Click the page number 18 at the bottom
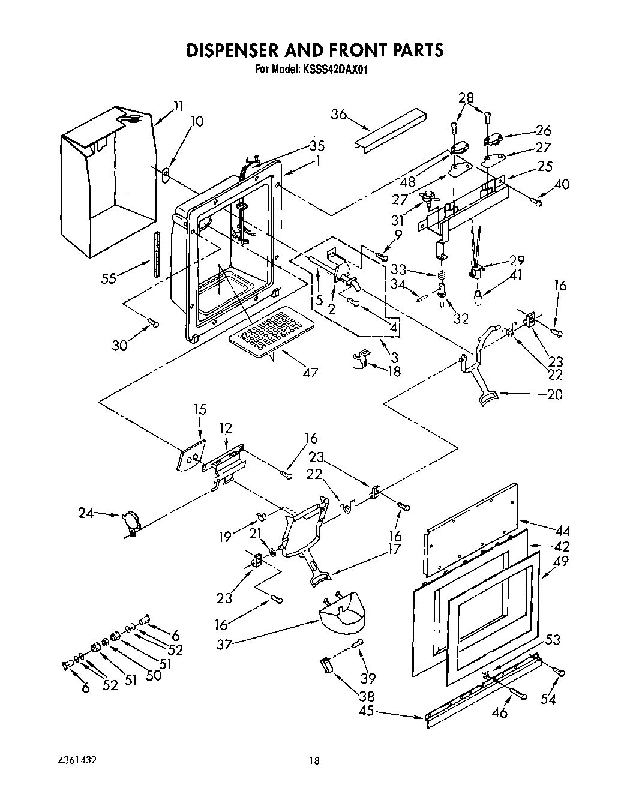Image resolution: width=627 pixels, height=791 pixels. [314, 761]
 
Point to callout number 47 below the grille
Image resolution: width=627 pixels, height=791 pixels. [310, 373]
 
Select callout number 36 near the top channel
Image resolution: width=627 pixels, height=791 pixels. [340, 114]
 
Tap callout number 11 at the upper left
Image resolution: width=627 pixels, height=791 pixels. [178, 106]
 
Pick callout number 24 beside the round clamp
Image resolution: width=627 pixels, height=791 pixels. [86, 513]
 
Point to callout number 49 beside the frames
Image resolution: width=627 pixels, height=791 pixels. [563, 562]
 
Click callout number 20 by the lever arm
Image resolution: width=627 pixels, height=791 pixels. [555, 394]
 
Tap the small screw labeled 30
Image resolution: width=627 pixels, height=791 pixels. [154, 323]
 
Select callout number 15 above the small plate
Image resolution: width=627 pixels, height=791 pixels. [200, 409]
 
